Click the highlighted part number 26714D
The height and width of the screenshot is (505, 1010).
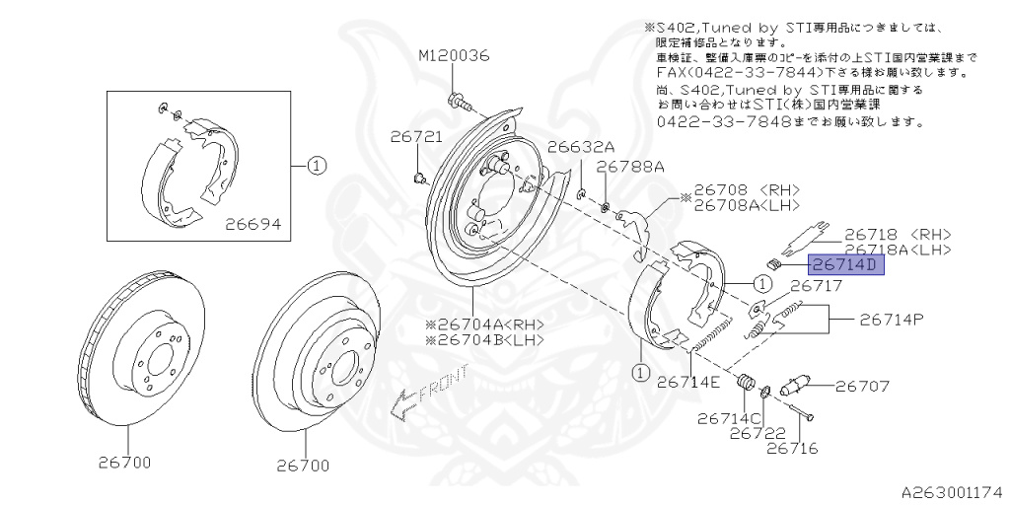[x=845, y=265]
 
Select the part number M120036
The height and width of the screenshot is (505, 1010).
[x=454, y=56]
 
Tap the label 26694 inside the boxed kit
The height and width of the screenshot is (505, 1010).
[x=252, y=224]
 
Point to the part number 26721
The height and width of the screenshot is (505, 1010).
[x=415, y=137]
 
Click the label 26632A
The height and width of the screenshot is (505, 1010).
[x=581, y=146]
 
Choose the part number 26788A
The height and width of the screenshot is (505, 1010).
[x=630, y=167]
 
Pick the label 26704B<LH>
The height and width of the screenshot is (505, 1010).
[x=484, y=340]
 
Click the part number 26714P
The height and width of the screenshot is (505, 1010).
[x=892, y=320]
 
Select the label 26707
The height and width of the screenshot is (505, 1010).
[x=863, y=387]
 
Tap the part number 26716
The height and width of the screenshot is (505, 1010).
[x=792, y=449]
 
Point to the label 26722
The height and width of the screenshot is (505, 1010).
[x=757, y=433]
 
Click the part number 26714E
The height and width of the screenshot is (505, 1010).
[x=688, y=382]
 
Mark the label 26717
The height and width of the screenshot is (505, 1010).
[x=816, y=286]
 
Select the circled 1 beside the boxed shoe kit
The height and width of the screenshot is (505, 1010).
[x=316, y=166]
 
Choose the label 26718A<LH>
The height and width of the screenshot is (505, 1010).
[x=898, y=250]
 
